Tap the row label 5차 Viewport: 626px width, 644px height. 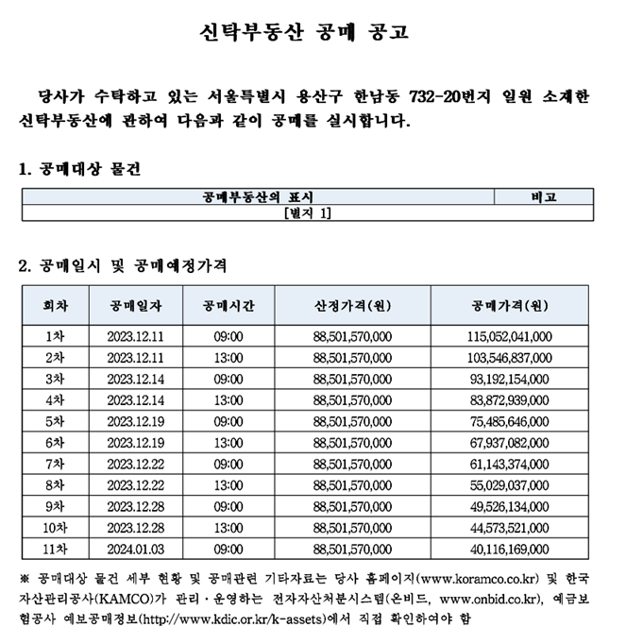click(56, 420)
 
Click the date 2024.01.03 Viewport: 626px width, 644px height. click(136, 549)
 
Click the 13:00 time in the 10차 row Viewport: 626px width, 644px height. click(228, 527)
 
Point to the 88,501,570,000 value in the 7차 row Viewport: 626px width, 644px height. click(352, 464)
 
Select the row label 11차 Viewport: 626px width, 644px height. click(56, 549)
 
